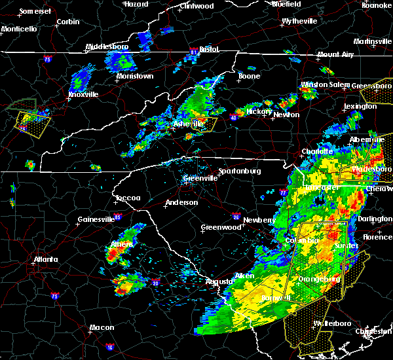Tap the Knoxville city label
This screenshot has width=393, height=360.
[x=83, y=94]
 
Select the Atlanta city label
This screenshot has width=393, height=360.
[x=47, y=259]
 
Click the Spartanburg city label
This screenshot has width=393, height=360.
[x=239, y=171]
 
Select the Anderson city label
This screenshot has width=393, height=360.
[x=181, y=202]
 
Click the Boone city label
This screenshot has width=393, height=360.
[x=249, y=76]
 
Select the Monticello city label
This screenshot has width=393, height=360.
[x=19, y=29]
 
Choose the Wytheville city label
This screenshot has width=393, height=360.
[x=299, y=21]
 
